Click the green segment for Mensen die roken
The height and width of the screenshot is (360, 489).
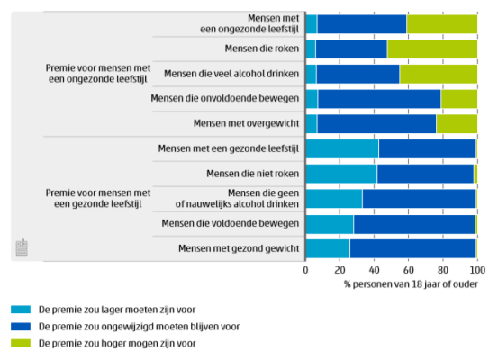point(432,49)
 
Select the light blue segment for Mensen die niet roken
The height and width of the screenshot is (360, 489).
point(341,173)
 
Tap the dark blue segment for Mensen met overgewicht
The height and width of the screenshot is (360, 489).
point(376,123)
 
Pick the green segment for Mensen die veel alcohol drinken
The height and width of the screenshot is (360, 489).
point(438,74)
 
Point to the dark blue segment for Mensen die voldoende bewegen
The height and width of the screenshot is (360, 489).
point(413,222)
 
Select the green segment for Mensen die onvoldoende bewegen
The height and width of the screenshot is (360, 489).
point(458,98)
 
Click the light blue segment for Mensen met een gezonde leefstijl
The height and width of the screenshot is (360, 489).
point(342,148)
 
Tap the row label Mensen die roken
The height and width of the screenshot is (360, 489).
point(260,49)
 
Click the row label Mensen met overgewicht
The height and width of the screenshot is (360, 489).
point(247,123)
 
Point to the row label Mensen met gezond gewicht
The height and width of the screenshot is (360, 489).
point(239,247)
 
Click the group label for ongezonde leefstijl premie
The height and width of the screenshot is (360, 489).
point(97,74)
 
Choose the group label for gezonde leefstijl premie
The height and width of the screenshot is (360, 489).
point(97,198)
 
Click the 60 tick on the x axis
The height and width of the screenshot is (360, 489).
point(408,269)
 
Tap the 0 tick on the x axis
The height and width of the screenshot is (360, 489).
point(306,269)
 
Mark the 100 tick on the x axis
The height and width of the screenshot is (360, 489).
point(475,269)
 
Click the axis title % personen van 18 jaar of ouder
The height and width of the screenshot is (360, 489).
point(411,283)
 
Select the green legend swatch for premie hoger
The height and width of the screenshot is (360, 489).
point(21,343)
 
